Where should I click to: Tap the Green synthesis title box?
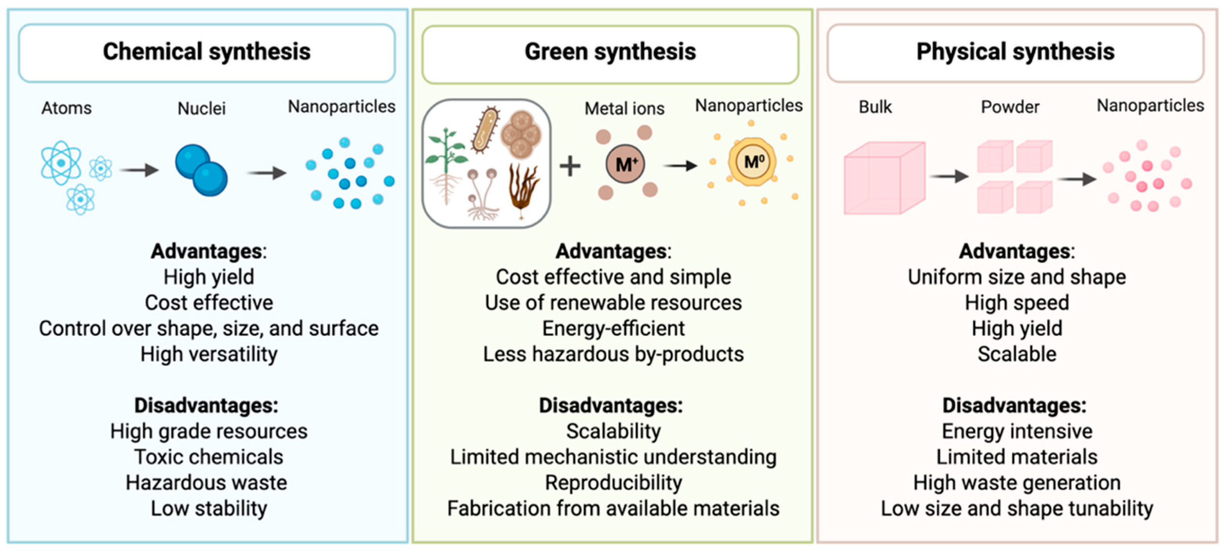[610, 53]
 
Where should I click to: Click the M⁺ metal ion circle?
[625, 165]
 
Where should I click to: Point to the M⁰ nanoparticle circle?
[752, 162]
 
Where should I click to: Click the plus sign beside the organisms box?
[570, 166]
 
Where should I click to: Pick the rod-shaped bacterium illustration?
[485, 129]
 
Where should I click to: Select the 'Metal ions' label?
[625, 108]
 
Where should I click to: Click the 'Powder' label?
[1010, 107]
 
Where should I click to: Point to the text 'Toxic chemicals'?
[208, 457]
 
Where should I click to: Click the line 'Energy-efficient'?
[613, 329]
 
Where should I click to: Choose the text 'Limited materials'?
[1017, 457]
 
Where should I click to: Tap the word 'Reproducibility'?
[613, 483]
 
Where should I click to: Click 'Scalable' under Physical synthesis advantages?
[1017, 354]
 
